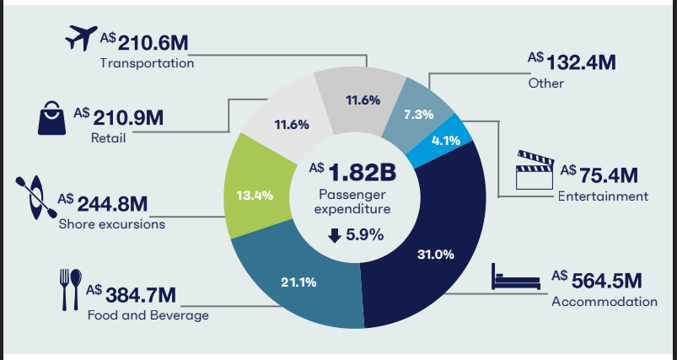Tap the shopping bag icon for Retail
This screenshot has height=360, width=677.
tap(50, 118)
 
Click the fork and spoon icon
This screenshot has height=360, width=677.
tap(69, 290)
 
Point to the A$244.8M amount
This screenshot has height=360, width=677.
tap(102, 203)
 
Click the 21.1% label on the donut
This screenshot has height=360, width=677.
tap(298, 282)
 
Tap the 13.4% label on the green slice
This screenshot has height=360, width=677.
tap(254, 196)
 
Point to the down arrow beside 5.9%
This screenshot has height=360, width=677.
tap(335, 235)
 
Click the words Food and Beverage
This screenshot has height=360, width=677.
tap(147, 315)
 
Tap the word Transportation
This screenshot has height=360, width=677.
tap(146, 63)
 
